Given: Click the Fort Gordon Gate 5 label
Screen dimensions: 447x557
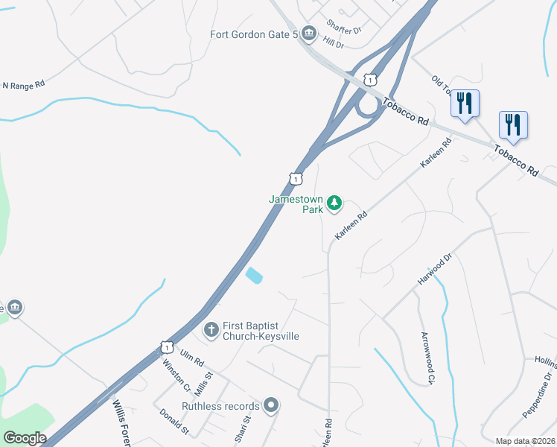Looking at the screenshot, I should [x=254, y=34].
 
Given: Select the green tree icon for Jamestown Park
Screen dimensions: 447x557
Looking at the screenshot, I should [x=335, y=202].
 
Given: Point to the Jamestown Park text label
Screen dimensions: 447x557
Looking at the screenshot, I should [x=296, y=204].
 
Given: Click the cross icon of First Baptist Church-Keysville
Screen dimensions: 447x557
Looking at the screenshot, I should [x=211, y=329].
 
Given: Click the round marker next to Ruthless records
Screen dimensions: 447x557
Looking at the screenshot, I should [x=271, y=406].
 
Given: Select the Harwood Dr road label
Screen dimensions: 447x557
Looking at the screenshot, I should [x=436, y=270].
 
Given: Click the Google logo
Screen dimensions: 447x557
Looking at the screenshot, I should [x=24, y=438].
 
